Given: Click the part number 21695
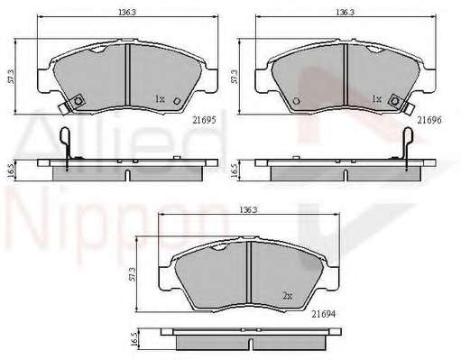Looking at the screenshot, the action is pyautogui.click(x=204, y=120).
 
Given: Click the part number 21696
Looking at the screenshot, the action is pyautogui.click(x=429, y=120).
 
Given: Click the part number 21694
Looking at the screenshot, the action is pyautogui.click(x=323, y=314).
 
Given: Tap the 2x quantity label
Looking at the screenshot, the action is pyautogui.click(x=288, y=296).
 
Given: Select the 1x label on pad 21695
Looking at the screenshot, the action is pyautogui.click(x=160, y=98).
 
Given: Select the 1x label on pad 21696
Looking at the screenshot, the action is pyautogui.click(x=376, y=98).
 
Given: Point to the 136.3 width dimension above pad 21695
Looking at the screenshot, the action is pyautogui.click(x=127, y=12).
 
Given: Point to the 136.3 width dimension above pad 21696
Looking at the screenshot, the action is pyautogui.click(x=345, y=12).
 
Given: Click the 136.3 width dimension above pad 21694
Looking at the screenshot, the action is pyautogui.click(x=249, y=210).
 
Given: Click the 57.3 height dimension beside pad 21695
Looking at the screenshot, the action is pyautogui.click(x=12, y=77).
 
